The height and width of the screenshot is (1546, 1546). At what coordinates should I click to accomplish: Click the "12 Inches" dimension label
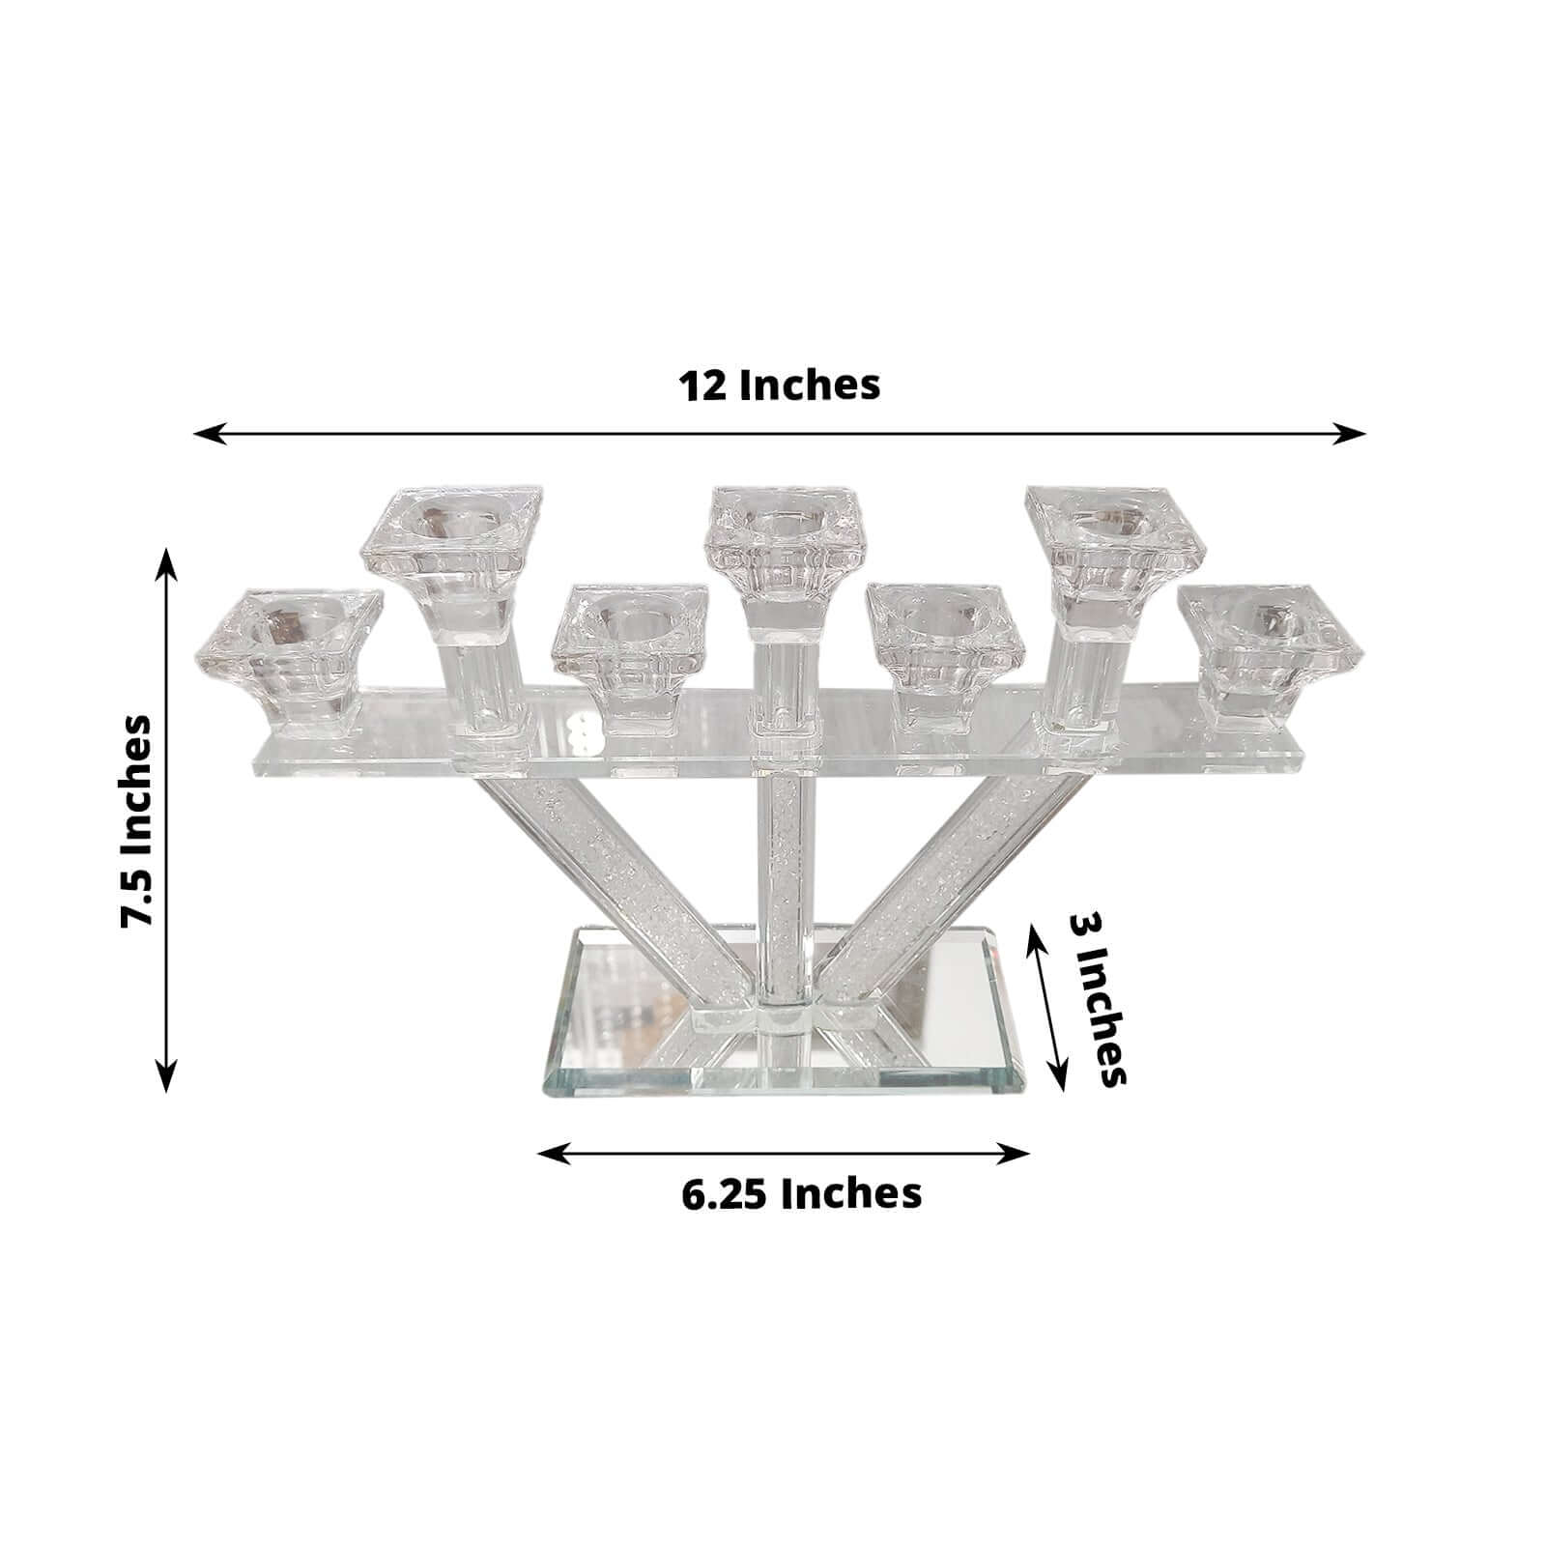point(779,385)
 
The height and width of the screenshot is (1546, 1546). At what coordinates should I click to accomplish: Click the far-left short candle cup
point(289,652)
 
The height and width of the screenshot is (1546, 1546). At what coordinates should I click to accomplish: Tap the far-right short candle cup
point(1269,647)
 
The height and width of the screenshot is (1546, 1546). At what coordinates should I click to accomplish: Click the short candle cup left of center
point(630,643)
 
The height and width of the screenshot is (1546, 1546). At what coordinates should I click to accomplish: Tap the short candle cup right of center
point(944,643)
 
